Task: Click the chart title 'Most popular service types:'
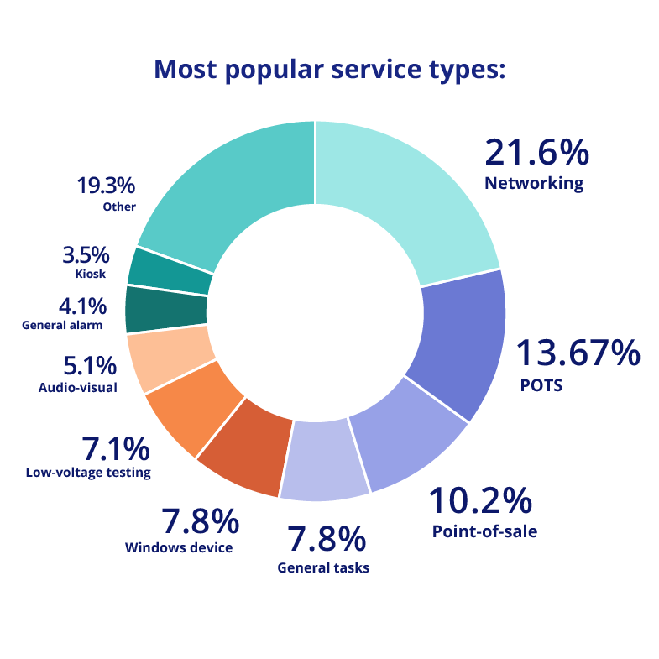point(329,69)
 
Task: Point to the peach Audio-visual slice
point(167,358)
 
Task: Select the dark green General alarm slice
point(165,309)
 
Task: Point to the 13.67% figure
point(577,354)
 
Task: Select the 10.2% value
point(480,501)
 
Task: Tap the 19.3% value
point(105,185)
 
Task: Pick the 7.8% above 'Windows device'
point(200,522)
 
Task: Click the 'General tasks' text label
point(323,567)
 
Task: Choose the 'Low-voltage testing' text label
point(88,473)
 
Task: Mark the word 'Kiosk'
point(90,273)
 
